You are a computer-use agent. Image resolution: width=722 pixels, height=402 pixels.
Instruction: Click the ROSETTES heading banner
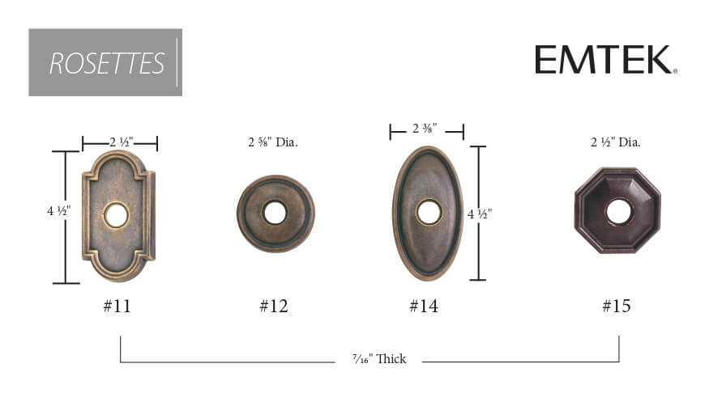tap(105, 62)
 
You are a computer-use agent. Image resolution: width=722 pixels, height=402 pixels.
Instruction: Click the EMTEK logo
tap(605, 60)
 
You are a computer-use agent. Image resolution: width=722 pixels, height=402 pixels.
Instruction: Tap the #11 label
tap(117, 306)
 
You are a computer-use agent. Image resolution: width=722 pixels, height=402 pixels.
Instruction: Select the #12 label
tap(274, 306)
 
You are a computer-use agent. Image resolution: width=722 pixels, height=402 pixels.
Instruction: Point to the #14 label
tap(424, 306)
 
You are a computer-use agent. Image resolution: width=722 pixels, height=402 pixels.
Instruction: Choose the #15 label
tap(617, 306)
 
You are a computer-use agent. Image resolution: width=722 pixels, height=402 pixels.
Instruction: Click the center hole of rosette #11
tap(116, 215)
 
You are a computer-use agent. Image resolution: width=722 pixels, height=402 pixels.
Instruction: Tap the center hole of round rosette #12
tap(275, 213)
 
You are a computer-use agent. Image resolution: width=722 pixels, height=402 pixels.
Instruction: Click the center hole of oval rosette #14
tap(429, 212)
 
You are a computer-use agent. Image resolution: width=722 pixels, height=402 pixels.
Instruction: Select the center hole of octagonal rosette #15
tap(619, 212)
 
